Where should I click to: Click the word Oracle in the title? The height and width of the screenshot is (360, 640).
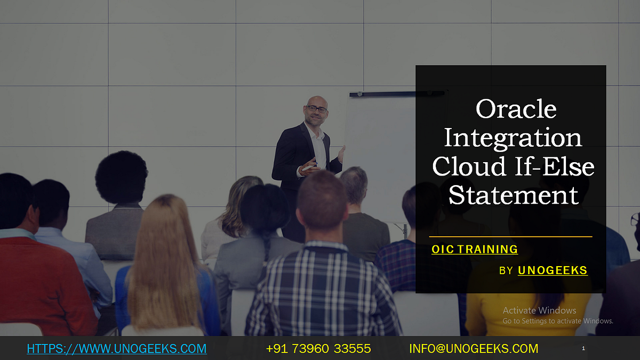pyautogui.click(x=516, y=109)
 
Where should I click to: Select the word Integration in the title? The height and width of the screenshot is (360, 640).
pyautogui.click(x=513, y=138)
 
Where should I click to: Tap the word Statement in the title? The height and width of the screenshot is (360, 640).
pyautogui.click(x=513, y=195)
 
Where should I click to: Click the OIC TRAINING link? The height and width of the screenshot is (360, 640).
pyautogui.click(x=474, y=249)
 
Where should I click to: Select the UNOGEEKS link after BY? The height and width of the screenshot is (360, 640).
pyautogui.click(x=553, y=270)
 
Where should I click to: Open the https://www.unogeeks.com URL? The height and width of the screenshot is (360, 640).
pyautogui.click(x=116, y=349)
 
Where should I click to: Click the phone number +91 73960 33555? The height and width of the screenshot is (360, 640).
pyautogui.click(x=318, y=349)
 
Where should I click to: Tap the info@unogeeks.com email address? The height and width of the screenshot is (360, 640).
pyautogui.click(x=474, y=349)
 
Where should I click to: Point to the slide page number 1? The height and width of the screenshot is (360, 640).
pyautogui.click(x=583, y=348)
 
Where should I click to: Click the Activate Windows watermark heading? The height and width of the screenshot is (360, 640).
pyautogui.click(x=539, y=310)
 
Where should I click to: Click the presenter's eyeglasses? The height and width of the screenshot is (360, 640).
pyautogui.click(x=317, y=109)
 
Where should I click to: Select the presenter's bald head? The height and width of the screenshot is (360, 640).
pyautogui.click(x=316, y=101)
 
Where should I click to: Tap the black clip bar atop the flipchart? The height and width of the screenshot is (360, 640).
pyautogui.click(x=397, y=94)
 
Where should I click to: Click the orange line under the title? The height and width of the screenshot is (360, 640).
pyautogui.click(x=510, y=236)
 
